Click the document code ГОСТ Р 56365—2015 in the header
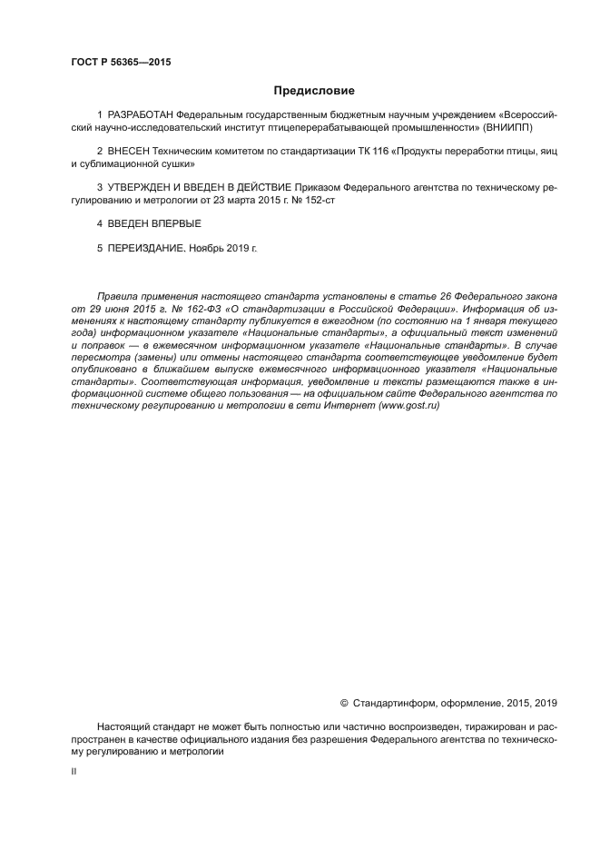[121, 64]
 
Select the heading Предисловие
[314, 91]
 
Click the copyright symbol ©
[343, 703]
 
